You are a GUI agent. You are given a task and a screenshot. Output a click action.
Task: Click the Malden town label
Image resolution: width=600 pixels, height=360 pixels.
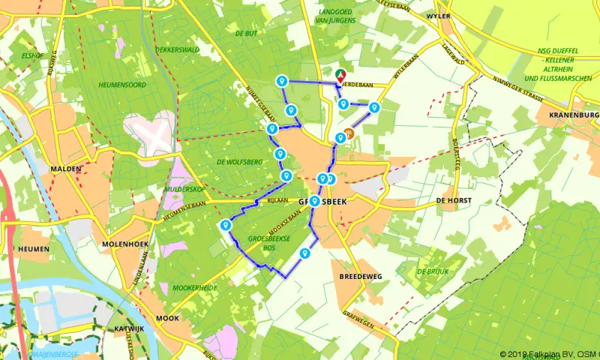65,169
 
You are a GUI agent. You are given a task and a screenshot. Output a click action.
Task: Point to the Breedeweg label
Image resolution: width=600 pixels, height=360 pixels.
360,276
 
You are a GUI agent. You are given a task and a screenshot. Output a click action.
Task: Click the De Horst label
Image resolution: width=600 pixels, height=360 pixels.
451,201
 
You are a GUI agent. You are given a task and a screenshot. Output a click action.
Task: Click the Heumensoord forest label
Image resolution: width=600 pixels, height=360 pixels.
121,85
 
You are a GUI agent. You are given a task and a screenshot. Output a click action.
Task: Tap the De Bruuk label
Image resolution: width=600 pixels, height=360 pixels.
431,271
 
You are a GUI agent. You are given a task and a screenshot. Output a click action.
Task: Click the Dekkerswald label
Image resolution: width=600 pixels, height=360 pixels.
177,50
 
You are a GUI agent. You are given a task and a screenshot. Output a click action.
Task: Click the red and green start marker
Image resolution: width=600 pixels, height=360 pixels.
340,75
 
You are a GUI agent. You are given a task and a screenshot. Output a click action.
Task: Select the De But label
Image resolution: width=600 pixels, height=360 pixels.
246,34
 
